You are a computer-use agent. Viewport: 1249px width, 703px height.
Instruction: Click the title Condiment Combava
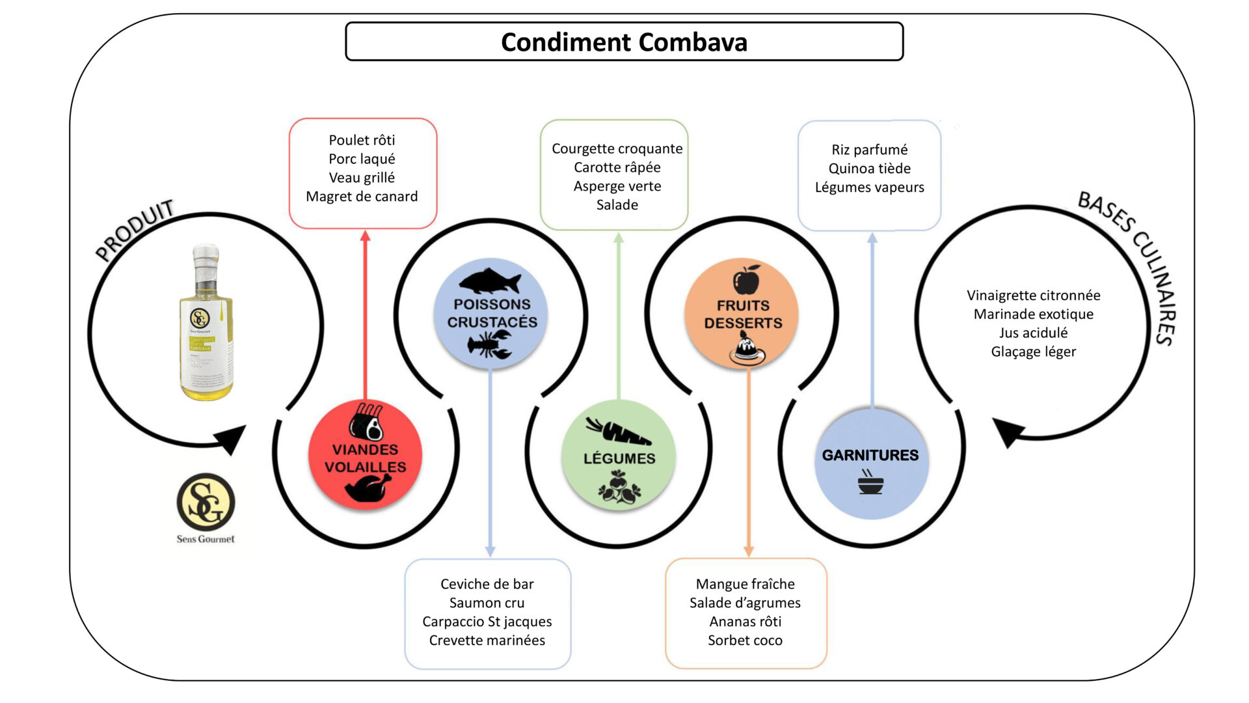click(x=624, y=42)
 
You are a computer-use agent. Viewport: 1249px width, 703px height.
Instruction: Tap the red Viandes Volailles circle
click(x=365, y=456)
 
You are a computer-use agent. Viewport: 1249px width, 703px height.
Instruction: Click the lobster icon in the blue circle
click(x=490, y=345)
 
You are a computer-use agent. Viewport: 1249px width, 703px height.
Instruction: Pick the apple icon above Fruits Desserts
click(x=746, y=280)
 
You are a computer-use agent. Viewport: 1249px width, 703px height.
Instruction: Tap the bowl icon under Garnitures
click(x=870, y=483)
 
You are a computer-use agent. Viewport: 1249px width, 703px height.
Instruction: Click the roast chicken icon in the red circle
click(x=368, y=488)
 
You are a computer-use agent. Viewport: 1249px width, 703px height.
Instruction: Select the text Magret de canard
click(x=362, y=197)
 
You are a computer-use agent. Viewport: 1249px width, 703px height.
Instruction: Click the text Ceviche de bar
click(x=487, y=584)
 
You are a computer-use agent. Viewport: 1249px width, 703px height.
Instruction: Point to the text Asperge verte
click(x=617, y=186)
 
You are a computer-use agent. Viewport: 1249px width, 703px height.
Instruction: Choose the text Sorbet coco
click(x=745, y=641)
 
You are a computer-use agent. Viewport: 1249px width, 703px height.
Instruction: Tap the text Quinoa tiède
click(x=869, y=169)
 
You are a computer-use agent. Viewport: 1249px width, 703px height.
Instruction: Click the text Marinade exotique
click(x=1033, y=314)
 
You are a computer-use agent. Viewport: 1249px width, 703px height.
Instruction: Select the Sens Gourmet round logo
click(x=206, y=502)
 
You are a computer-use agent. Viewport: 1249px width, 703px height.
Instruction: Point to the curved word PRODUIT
click(x=135, y=229)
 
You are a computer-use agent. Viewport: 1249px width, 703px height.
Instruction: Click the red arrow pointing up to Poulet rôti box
click(x=365, y=312)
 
